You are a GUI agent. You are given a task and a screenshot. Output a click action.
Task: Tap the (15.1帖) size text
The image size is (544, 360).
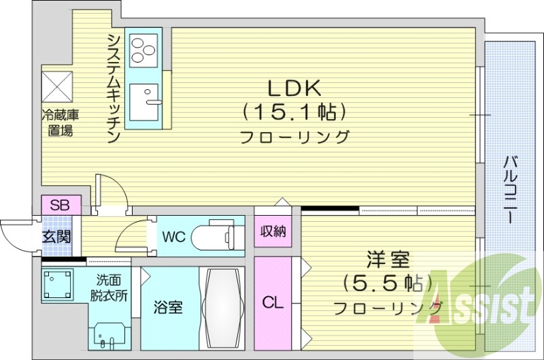click(294, 111)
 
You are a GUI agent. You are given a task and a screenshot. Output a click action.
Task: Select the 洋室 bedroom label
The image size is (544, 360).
click(387, 259)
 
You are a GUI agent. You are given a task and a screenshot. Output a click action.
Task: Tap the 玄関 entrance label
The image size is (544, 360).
click(56, 237)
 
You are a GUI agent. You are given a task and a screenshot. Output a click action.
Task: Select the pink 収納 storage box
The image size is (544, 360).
click(273, 231)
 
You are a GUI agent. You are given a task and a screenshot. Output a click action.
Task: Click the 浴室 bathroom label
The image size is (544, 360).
click(169, 308)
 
